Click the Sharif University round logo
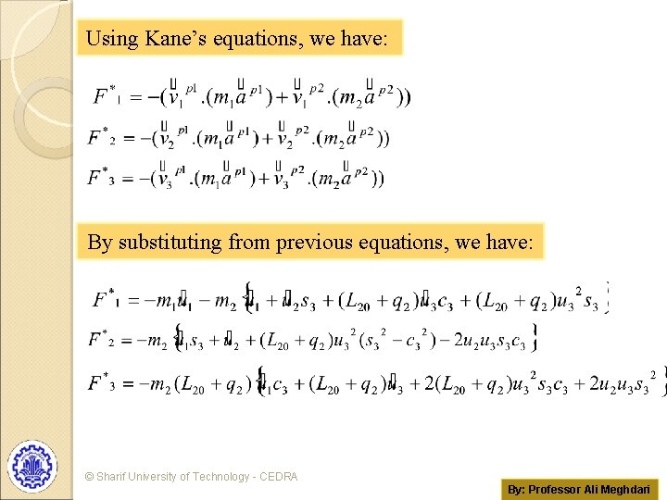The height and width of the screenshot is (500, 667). tap(32, 465)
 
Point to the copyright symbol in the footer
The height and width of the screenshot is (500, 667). tap(89, 477)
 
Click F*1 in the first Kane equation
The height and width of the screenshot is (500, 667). tap(105, 95)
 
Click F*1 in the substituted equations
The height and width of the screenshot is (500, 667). tap(105, 299)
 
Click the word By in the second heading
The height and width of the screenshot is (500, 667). tap(99, 243)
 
